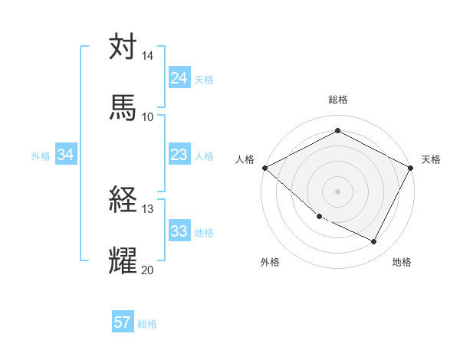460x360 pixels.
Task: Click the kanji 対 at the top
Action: pos(123,47)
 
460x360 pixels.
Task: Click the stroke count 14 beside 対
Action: pos(147,57)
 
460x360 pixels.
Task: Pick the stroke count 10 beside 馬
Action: pos(147,116)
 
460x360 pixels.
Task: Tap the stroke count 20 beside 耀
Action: pos(147,270)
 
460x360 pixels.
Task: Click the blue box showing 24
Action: pos(179,78)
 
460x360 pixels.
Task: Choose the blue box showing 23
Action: pos(179,155)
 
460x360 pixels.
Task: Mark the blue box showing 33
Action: pos(179,231)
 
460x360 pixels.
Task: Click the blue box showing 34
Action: pos(66,155)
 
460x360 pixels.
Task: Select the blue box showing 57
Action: pos(123,322)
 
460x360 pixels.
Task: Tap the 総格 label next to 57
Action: pos(147,324)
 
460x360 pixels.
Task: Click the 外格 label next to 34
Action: pos(41,156)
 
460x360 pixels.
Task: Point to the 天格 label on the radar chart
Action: pos(431,159)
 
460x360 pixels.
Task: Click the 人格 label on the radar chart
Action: pos(245,159)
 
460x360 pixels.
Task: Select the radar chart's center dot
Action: pos(337,191)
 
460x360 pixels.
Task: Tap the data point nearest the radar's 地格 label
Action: pos(374,242)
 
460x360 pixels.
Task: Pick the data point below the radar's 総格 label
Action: pos(337,131)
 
